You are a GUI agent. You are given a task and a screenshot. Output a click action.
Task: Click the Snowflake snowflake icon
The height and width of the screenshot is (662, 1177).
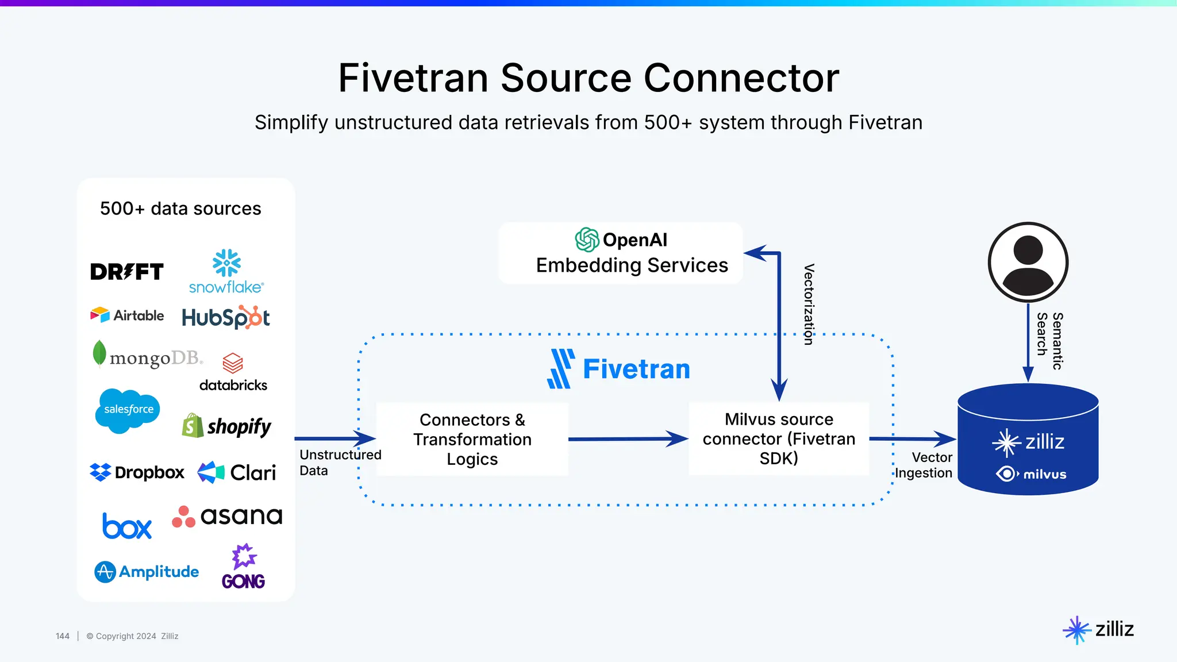226,263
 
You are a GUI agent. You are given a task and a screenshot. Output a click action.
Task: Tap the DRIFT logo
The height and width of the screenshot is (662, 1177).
127,272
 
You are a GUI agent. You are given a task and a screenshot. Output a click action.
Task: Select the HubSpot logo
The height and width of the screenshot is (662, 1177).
226,317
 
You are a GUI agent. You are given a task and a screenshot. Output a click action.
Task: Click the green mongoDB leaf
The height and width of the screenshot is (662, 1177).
99,353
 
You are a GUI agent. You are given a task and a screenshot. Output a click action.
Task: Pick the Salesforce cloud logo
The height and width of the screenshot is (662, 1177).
128,410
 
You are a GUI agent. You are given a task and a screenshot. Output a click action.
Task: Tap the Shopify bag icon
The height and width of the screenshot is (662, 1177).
193,426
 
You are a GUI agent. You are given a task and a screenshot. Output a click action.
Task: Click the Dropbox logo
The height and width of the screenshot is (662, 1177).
137,472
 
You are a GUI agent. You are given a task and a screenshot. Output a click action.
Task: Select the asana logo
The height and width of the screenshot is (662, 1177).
227,516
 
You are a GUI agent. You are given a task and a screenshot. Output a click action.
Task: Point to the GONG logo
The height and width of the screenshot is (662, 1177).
244,567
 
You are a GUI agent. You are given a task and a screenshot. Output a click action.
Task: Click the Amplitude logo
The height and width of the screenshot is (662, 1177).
147,572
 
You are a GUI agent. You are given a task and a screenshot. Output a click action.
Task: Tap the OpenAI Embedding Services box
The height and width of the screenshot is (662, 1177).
621,253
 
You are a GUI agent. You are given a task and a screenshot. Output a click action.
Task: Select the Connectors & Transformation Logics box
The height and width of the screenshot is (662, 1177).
472,439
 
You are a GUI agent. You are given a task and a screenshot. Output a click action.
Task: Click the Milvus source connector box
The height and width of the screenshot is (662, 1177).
779,438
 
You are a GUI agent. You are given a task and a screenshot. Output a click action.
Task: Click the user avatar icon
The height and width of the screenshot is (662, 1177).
1028,263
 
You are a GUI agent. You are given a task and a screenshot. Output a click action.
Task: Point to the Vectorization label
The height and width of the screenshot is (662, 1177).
809,304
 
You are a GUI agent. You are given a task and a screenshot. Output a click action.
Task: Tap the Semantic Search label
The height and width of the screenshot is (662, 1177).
1049,340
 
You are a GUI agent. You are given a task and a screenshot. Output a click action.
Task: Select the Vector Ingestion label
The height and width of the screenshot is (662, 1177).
924,465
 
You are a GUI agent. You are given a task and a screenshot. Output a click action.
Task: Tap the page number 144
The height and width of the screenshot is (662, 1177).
63,636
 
